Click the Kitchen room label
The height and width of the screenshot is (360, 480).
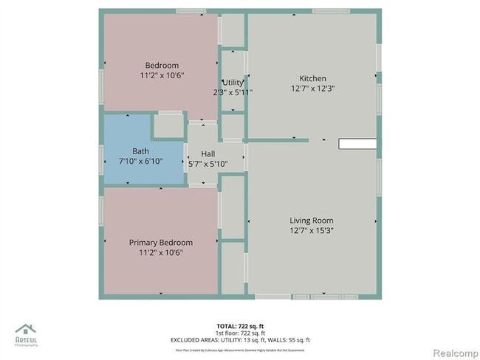click(x=312, y=79)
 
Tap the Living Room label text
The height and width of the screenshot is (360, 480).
click(x=312, y=220)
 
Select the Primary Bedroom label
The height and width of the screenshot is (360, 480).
click(x=161, y=243)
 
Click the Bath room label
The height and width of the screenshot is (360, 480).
click(x=140, y=151)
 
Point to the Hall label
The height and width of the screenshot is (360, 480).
click(x=208, y=154)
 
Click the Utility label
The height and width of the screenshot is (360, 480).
click(x=233, y=83)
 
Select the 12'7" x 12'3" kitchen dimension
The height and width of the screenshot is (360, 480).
click(x=312, y=89)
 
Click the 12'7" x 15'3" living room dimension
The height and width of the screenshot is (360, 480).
click(x=312, y=229)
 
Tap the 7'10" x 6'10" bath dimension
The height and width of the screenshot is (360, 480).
click(x=140, y=161)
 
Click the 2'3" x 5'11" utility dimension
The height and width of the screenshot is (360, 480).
click(x=233, y=92)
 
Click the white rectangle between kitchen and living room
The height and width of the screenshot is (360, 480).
click(x=357, y=144)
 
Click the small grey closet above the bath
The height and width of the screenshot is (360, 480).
click(x=169, y=126)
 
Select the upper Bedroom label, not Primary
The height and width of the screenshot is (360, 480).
click(x=161, y=66)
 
